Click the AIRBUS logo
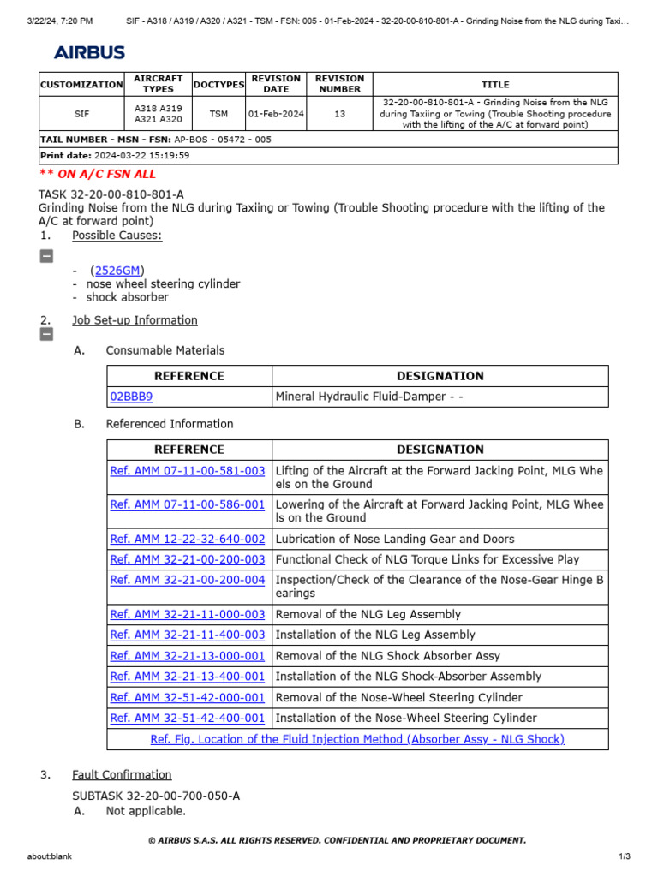point(89,53)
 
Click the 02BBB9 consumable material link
point(131,397)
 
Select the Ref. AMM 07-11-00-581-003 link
point(188,471)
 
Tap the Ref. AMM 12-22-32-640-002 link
point(188,539)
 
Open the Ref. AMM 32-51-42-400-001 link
point(188,718)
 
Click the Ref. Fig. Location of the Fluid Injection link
point(357,739)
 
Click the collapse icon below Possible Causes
point(46,255)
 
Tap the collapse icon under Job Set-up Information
point(46,334)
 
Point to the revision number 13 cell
point(339,114)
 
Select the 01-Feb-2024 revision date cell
point(276,114)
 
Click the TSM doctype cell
point(218,114)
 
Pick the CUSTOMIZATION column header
point(81,85)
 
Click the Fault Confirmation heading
point(122,774)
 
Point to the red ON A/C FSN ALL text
point(98,174)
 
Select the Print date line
point(115,156)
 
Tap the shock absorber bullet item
point(127,297)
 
